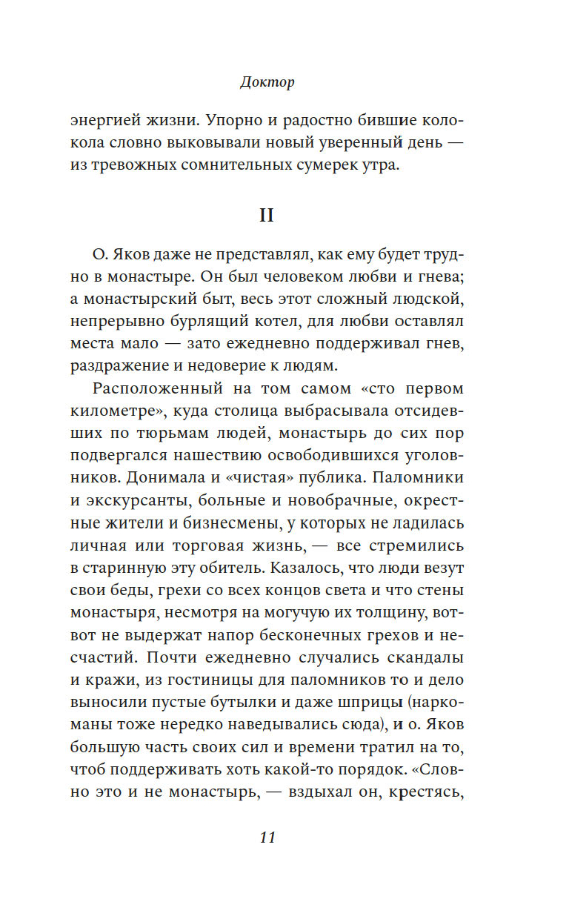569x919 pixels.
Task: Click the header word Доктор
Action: click(x=267, y=82)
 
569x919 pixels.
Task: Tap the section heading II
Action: click(x=266, y=215)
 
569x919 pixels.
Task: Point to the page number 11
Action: click(x=267, y=837)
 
